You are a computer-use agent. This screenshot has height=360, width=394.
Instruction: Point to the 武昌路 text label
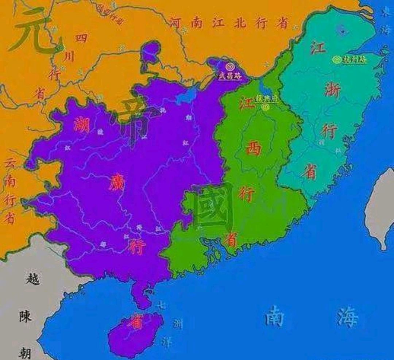click(229, 76)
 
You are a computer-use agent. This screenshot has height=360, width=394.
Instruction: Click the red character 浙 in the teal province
click(333, 89)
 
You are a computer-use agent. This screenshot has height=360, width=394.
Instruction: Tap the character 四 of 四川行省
click(81, 38)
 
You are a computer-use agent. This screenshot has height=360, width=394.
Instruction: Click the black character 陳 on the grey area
click(26, 316)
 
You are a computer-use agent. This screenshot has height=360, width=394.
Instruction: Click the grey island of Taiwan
click(381, 208)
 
